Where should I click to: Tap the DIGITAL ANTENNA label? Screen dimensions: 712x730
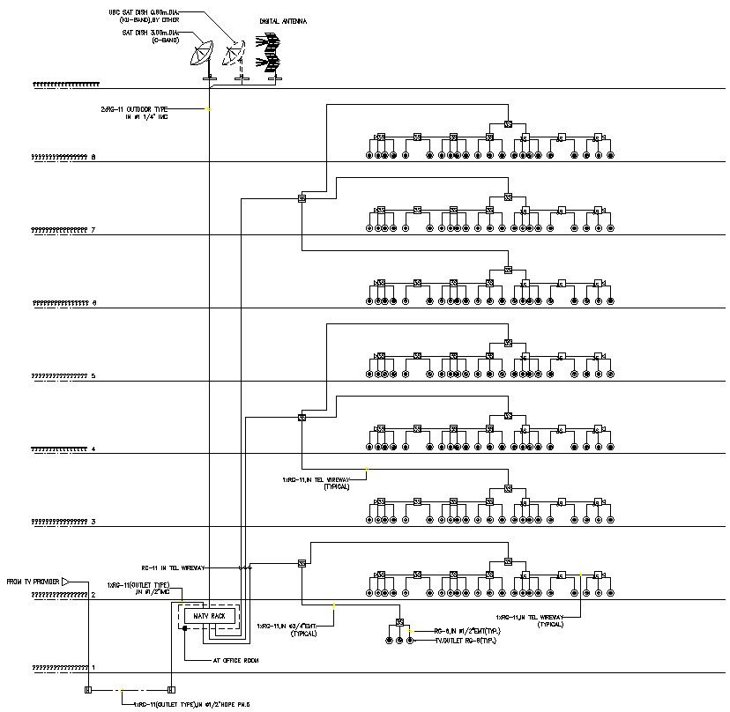pos(283,19)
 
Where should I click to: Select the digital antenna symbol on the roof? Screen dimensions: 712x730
pos(271,54)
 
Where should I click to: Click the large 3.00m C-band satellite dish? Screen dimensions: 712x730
pos(204,56)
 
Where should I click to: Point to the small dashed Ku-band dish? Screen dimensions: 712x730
pos(234,56)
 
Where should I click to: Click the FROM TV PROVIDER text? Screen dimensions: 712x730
pos(33,582)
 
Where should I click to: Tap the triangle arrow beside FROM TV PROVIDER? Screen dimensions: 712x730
pos(66,582)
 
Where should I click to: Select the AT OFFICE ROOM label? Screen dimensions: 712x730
pos(235,659)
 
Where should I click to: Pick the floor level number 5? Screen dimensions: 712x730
pos(93,376)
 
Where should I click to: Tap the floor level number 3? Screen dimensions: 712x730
pos(93,523)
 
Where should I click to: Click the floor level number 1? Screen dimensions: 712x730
pos(93,669)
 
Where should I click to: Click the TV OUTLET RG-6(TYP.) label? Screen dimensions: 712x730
pos(465,641)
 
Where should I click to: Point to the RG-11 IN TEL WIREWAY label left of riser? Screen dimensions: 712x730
pos(173,568)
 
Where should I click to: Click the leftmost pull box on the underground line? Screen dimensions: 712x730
pos(87,689)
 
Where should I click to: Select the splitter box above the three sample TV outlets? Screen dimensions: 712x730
pos(399,623)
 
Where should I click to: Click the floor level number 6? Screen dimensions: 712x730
pos(93,303)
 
